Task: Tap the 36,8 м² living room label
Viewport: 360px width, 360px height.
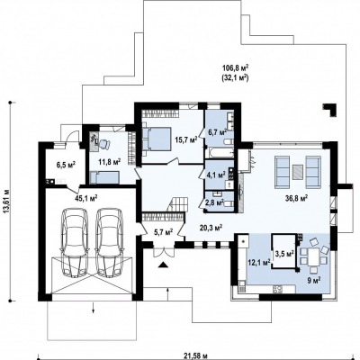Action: coord(296,198)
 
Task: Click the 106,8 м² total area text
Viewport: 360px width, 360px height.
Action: coord(236,68)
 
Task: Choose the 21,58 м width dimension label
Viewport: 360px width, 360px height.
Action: coord(195,356)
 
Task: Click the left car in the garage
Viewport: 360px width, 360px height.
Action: coord(75,241)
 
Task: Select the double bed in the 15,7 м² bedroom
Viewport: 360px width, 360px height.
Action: coord(157,139)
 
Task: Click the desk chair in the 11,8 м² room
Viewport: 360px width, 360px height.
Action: coord(103,144)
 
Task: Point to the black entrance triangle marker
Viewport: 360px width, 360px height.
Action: coord(163,265)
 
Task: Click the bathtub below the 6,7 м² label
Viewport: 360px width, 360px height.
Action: coord(220,152)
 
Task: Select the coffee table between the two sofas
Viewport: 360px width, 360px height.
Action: coord(299,172)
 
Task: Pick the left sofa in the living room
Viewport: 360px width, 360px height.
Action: coord(283,172)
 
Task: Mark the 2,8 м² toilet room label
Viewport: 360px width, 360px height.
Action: coord(214,202)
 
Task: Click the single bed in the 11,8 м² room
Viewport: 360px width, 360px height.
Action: coord(104,177)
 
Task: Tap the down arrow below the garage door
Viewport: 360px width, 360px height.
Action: coord(94,308)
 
